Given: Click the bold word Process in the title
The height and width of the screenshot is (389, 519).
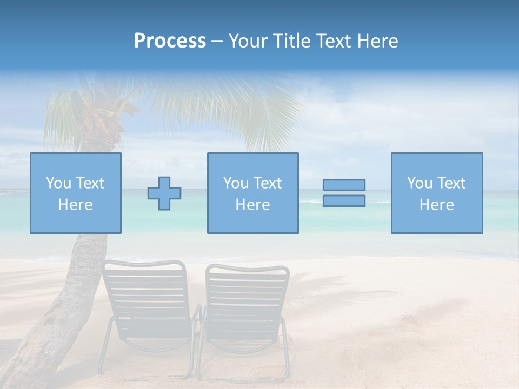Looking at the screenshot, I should pos(170,41).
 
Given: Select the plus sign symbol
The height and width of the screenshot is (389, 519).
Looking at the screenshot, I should pos(164,193).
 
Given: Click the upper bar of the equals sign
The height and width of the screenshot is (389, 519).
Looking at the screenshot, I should pos(344,185).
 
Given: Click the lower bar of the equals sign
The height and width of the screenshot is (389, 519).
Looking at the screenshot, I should pos(344,201).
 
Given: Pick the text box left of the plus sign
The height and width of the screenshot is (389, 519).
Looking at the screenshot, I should pos(76,193).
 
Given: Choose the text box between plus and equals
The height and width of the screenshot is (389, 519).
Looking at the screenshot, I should pos(252,193).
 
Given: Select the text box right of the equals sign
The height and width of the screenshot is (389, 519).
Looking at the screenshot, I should pos(437,193).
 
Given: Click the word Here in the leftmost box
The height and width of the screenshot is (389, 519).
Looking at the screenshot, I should pos(75,205).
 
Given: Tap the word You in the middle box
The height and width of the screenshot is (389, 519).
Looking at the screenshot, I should pos(236,183).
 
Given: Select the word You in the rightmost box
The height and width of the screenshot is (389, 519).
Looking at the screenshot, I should pos(420,183).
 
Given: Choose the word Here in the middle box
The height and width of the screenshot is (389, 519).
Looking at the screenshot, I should pos(252,205).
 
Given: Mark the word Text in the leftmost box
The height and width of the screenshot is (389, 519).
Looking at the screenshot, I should pos(90,183).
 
